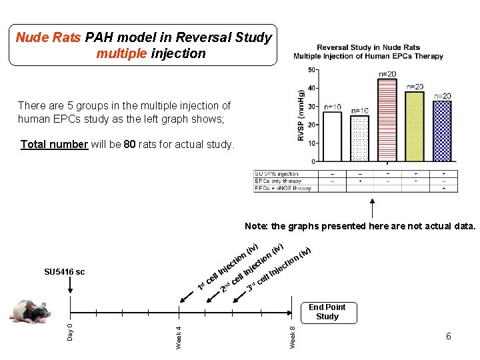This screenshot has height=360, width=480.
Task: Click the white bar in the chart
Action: point(331,137)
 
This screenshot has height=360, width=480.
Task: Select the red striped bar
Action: point(387,120)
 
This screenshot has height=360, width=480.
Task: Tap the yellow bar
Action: point(414,127)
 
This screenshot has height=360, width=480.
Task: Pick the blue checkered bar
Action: point(441,131)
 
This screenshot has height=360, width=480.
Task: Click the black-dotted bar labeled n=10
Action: point(359,139)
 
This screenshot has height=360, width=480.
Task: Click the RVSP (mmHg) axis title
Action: point(302,115)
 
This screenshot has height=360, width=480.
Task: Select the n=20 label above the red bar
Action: point(387,74)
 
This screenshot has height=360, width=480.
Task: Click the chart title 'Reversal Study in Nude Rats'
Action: point(368,47)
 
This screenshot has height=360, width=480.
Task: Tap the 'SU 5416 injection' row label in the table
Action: point(277,174)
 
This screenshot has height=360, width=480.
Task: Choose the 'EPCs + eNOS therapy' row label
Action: point(283,188)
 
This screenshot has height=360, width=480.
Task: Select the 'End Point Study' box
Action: point(327,312)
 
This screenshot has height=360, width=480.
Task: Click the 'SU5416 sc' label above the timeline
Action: point(64,272)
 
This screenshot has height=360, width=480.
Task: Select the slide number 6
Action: point(448,337)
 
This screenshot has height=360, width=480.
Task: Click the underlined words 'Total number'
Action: point(54,145)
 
